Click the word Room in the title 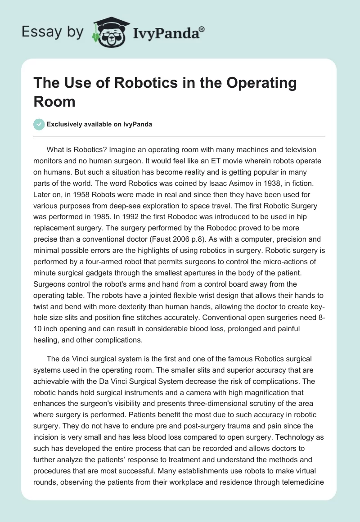coord(54,101)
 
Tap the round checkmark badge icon coord(39,124)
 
